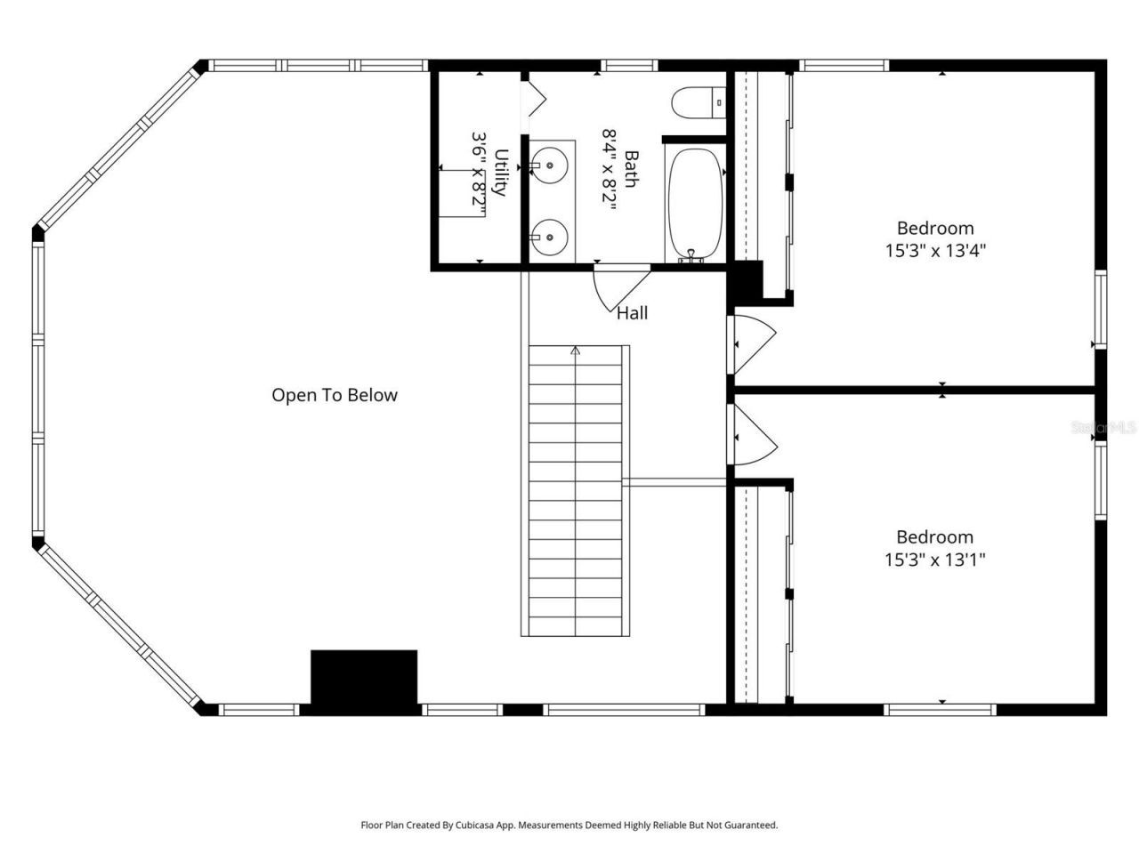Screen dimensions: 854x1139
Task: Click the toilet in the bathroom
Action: tap(699, 103)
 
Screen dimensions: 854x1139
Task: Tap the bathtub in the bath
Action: tap(694, 204)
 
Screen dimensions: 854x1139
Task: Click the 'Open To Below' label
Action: tap(335, 395)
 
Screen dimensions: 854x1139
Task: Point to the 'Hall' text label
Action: tap(633, 313)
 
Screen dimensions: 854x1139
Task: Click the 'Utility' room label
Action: tap(500, 173)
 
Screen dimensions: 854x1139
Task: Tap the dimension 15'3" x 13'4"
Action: tap(934, 251)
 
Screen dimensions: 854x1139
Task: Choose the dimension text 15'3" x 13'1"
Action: tap(934, 560)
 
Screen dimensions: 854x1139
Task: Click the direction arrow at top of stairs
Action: tap(576, 352)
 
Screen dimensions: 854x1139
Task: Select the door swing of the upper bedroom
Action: tap(753, 342)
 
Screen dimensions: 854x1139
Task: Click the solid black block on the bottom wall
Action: tap(364, 681)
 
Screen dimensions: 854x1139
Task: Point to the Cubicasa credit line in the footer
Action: tap(569, 826)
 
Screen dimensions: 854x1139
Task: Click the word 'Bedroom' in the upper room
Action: tap(934, 228)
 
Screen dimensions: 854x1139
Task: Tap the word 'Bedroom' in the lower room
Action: tap(934, 537)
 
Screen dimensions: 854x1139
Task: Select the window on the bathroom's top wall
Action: tap(629, 66)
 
